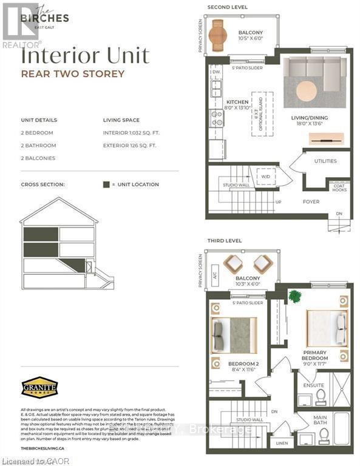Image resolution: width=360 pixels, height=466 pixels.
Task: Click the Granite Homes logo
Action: coord(39,387)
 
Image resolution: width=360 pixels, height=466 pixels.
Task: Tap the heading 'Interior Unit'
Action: coord(85,56)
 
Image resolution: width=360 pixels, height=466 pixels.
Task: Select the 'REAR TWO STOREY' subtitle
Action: coord(73,74)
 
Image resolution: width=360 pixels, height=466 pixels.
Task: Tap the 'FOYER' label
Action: coord(311,202)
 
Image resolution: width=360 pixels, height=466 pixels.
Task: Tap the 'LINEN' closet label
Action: coord(282,443)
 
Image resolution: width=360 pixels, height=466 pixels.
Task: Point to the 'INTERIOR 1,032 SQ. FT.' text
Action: coord(134,133)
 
